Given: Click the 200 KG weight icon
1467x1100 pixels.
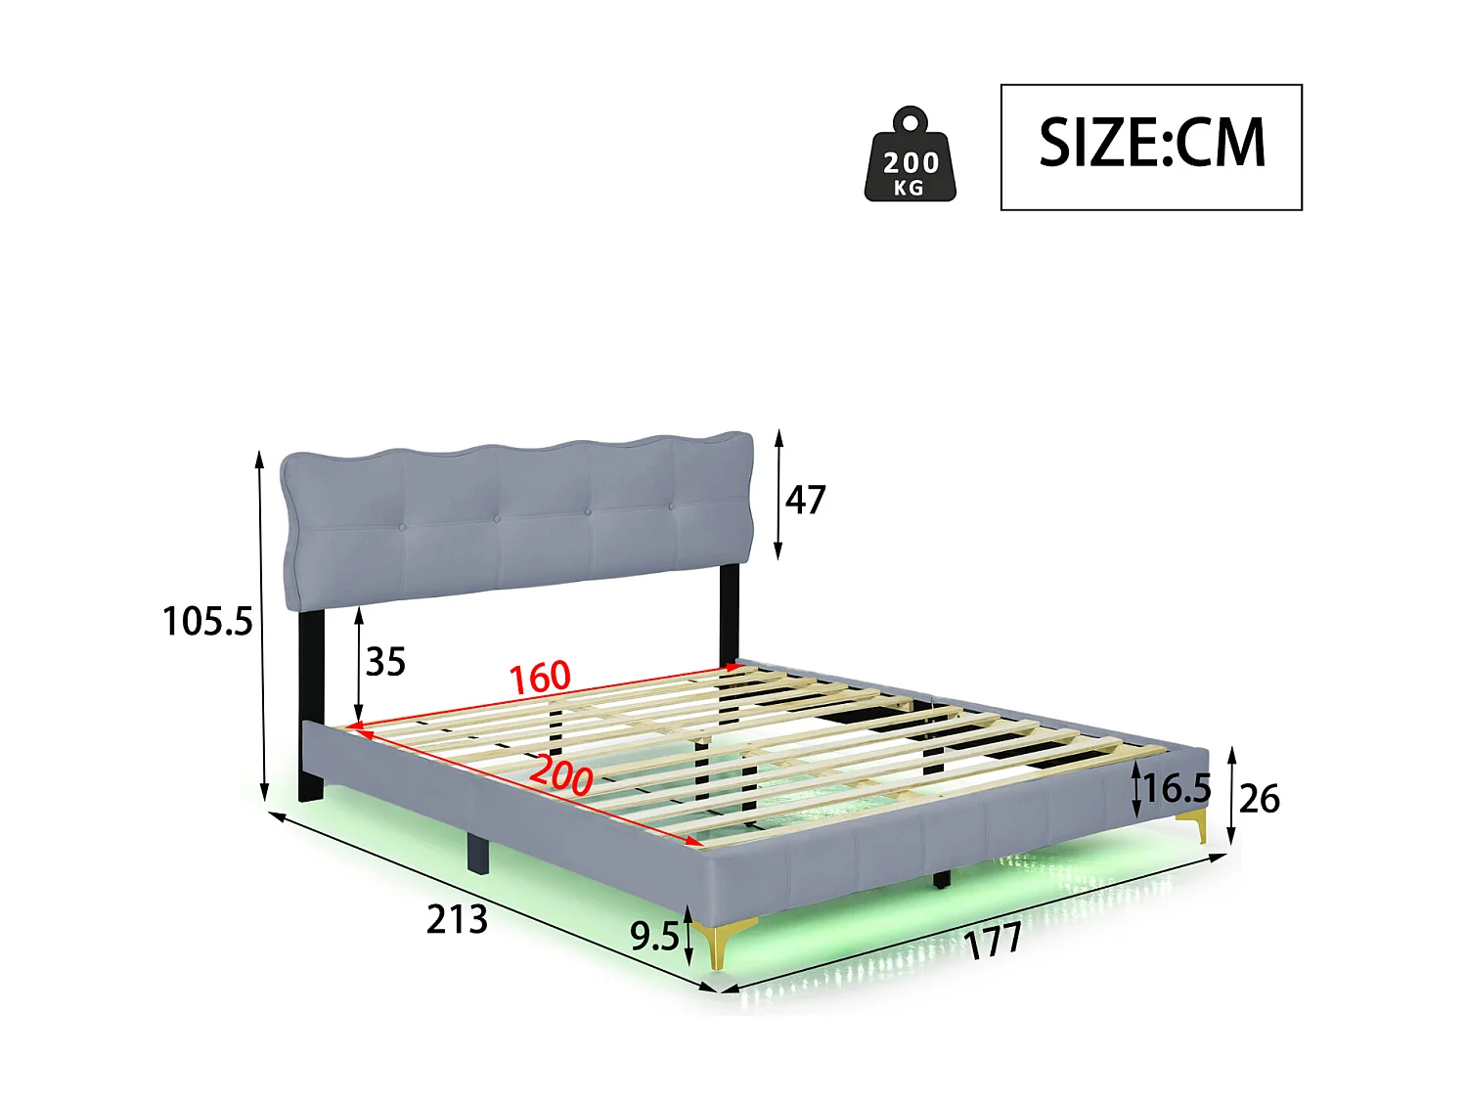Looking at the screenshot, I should [911, 156].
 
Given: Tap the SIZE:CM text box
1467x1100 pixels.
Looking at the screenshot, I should [1151, 147].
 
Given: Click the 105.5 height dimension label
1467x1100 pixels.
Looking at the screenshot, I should [207, 622].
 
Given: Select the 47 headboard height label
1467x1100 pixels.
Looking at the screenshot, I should [806, 500].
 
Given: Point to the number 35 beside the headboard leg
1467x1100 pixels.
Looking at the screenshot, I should [385, 662].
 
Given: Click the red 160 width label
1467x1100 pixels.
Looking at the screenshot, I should [540, 677].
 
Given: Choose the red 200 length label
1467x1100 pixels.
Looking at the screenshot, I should [561, 775].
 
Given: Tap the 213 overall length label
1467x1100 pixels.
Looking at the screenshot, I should [457, 919].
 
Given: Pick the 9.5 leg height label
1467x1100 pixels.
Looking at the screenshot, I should [653, 937].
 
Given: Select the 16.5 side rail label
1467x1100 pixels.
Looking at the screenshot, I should [1178, 788].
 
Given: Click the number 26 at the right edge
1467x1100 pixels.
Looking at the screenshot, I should [1259, 800].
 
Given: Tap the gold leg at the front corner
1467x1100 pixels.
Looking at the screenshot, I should [722, 943].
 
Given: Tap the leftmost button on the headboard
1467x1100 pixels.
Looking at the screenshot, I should [402, 527].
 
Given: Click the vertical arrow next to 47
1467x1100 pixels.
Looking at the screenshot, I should [778, 495].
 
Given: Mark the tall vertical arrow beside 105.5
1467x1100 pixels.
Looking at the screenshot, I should [261, 626].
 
